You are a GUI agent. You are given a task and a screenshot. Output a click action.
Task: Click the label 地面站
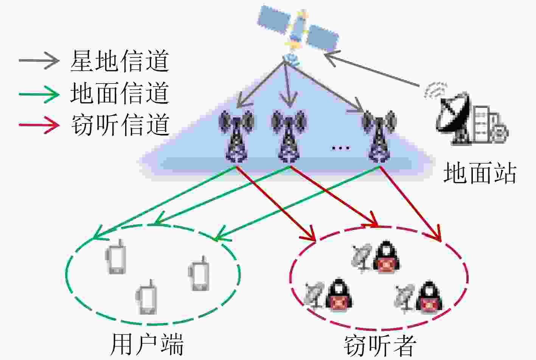pos(480,173)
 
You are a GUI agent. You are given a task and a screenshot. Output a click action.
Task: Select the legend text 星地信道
pos(120,61)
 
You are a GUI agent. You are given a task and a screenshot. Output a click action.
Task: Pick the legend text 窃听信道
pos(120,125)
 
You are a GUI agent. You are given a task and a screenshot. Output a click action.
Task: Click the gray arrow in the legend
pos(39,61)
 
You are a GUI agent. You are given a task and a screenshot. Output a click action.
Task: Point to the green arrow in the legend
pos(39,94)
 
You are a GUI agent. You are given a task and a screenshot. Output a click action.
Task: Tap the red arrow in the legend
pos(39,125)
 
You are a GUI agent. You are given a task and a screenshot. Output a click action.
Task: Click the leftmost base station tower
pos(236,137)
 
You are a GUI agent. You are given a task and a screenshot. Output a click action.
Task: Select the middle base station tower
pos(289,137)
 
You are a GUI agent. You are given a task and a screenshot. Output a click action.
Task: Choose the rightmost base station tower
pos(379,137)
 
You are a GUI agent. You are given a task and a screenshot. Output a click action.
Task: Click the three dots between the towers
pos(341,148)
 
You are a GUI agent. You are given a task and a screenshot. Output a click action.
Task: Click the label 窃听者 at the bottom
pos(381,346)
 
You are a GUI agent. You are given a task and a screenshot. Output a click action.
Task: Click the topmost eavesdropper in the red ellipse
pos(376,257)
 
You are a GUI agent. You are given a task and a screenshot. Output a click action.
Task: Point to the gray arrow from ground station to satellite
pos(371,69)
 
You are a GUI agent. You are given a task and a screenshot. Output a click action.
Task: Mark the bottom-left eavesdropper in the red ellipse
pos(328,295)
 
